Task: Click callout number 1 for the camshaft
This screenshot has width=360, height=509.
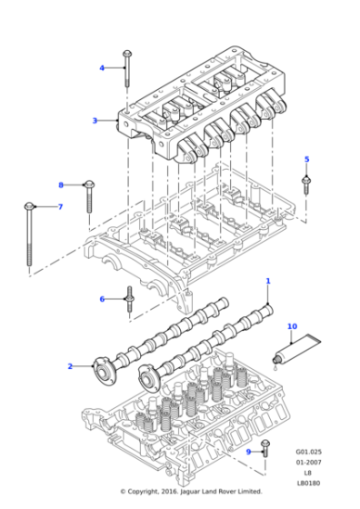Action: pyautogui.click(x=268, y=282)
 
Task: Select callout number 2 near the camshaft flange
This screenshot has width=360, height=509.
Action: pyautogui.click(x=69, y=366)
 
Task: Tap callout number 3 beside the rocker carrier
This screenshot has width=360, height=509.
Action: pyautogui.click(x=95, y=120)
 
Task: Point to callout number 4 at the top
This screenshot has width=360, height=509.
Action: pyautogui.click(x=102, y=67)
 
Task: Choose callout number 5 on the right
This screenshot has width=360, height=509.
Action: pyautogui.click(x=306, y=160)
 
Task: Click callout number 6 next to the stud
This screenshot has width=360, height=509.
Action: pyautogui.click(x=102, y=299)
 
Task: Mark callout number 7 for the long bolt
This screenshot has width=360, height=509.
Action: pyautogui.click(x=60, y=207)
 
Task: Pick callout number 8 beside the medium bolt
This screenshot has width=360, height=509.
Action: pyautogui.click(x=62, y=185)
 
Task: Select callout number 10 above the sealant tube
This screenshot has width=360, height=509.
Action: pyautogui.click(x=292, y=326)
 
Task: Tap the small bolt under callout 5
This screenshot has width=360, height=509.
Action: pyautogui.click(x=306, y=185)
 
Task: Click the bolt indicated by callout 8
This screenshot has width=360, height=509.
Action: pyautogui.click(x=89, y=195)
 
